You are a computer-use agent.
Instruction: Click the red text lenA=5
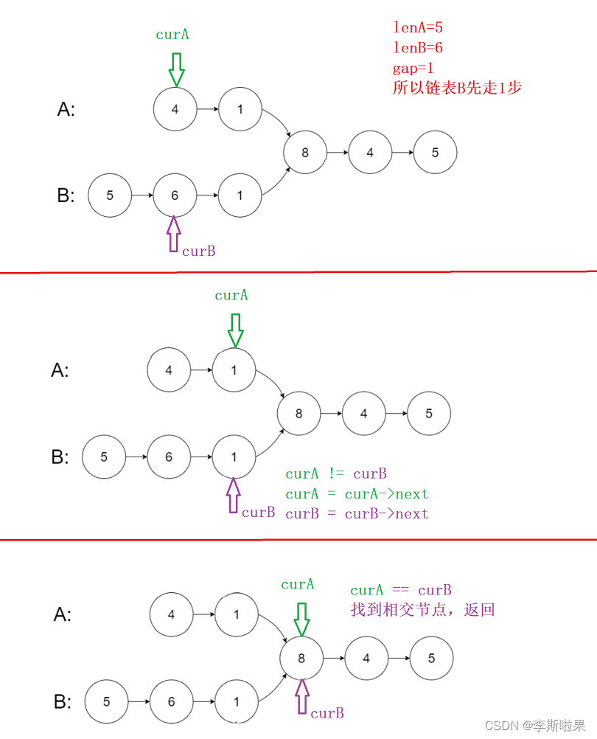[417, 28]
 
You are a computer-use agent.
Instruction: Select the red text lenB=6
[417, 48]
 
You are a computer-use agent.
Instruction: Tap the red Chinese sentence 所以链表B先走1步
[457, 88]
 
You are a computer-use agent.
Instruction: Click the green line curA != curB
[336, 473]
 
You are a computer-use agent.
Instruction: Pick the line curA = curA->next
[357, 493]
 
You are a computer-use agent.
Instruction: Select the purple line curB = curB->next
[357, 513]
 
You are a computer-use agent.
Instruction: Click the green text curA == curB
[400, 590]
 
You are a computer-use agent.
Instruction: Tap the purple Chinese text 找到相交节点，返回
[422, 610]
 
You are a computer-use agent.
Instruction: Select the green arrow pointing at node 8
[301, 618]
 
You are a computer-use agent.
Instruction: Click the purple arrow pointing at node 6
[174, 235]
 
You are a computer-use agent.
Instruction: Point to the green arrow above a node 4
[175, 69]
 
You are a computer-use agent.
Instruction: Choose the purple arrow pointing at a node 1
[234, 495]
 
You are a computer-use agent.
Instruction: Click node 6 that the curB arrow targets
[175, 195]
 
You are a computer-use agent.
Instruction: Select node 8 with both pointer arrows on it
[301, 658]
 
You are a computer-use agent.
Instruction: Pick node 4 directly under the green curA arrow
[175, 109]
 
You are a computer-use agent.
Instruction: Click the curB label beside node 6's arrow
[199, 251]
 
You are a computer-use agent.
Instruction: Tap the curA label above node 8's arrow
[298, 584]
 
